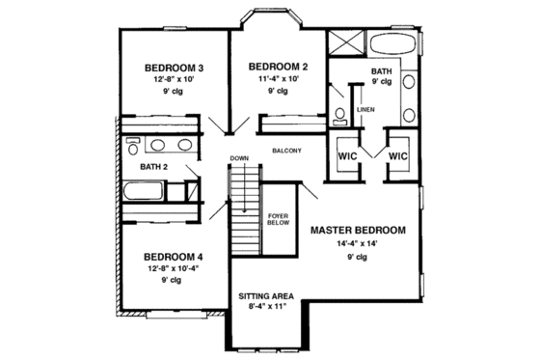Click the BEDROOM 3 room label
click(174, 68)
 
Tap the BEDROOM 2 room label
click(277, 67)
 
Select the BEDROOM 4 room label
click(174, 258)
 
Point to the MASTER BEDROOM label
click(358, 231)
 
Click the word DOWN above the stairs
click(239, 158)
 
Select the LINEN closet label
click(365, 109)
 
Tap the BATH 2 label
click(154, 166)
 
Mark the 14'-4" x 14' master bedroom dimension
click(358, 245)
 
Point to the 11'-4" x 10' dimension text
click(277, 79)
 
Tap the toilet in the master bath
click(339, 117)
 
